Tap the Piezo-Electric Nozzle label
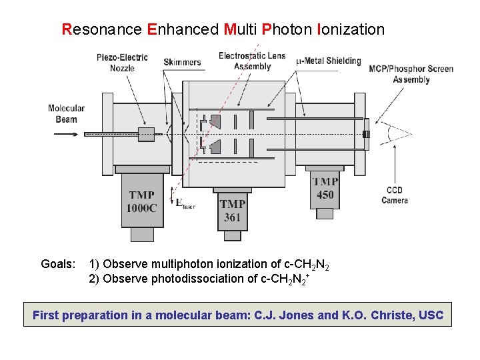pyautogui.click(x=122, y=63)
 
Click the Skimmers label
pyautogui.click(x=182, y=62)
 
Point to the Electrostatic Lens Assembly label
pyautogui.click(x=252, y=61)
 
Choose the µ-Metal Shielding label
pyautogui.click(x=329, y=61)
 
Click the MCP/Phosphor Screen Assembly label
pyautogui.click(x=411, y=74)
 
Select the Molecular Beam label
pyautogui.click(x=67, y=114)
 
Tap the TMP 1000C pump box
pyautogui.click(x=142, y=201)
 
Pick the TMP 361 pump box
pyautogui.click(x=232, y=210)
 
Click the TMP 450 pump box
pyautogui.click(x=325, y=188)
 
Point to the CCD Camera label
pyautogui.click(x=395, y=195)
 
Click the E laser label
pyautogui.click(x=185, y=205)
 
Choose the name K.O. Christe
pyautogui.click(x=378, y=315)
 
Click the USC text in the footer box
pyautogui.click(x=431, y=315)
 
